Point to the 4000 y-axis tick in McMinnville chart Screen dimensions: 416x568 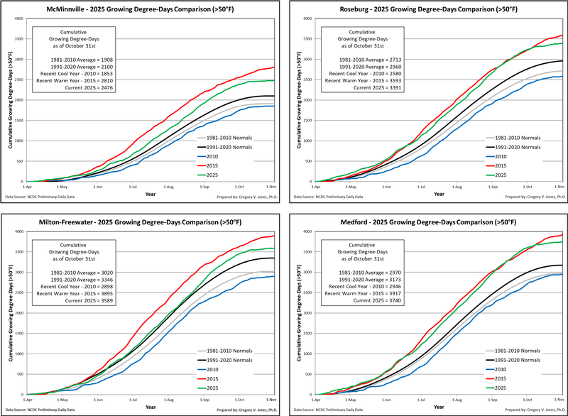(x=19, y=18)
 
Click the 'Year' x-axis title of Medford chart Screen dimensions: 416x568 (x=439, y=407)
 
